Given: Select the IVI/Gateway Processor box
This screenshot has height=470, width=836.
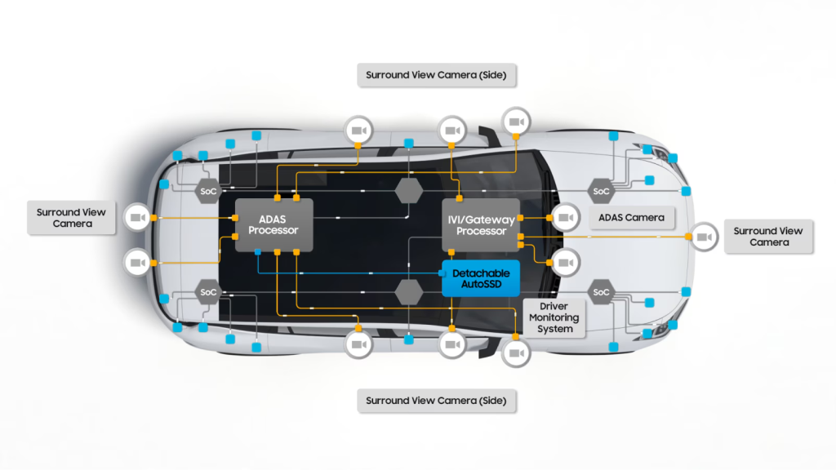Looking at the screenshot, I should (481, 224).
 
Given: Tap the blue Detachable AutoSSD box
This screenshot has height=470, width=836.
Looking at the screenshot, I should (481, 278).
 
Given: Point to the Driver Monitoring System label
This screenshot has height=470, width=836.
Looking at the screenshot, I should (554, 317).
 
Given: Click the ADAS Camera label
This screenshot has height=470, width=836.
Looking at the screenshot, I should (630, 218).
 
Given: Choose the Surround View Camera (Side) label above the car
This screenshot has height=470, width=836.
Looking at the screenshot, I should (436, 75).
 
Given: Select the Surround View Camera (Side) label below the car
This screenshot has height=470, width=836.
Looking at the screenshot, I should (436, 401).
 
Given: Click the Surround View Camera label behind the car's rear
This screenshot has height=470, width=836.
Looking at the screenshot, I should (71, 218).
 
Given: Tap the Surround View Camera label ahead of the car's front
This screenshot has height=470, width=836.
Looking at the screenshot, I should (767, 237).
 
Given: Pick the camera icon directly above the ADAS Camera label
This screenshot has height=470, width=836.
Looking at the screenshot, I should (565, 218).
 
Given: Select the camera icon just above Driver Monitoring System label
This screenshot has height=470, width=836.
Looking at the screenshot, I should (565, 263).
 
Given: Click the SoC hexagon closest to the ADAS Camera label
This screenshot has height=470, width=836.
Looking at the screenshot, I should (601, 192).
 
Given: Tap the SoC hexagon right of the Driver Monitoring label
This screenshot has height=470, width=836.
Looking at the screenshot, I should (601, 292).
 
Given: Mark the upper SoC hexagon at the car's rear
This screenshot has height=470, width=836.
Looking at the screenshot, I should (207, 192).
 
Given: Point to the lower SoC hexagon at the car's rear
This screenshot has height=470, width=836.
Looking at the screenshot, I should (207, 292).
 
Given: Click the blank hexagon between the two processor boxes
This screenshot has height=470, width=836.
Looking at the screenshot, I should (408, 192).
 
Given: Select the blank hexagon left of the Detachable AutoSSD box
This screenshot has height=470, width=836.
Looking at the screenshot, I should (408, 291).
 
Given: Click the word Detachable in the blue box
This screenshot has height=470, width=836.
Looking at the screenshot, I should (481, 273).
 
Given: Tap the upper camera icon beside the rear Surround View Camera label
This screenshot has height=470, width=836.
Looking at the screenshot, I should (137, 218).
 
